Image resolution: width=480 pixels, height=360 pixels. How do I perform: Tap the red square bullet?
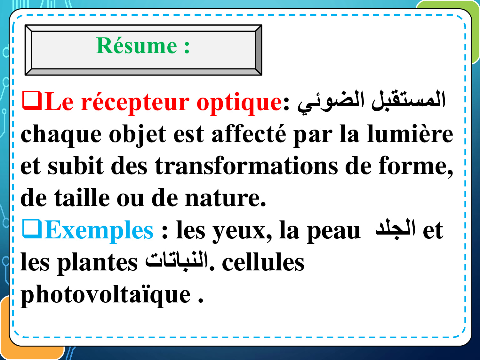click(x=32, y=100)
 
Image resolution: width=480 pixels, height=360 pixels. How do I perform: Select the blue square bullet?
click(x=32, y=229)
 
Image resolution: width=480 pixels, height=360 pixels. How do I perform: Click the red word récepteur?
click(x=135, y=103)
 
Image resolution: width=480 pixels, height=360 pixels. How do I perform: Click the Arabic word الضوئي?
click(x=331, y=102)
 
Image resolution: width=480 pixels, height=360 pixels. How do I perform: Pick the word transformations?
click(x=246, y=165)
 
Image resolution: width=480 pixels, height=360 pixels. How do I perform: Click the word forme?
click(x=415, y=166)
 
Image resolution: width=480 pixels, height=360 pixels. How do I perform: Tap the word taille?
click(x=82, y=197)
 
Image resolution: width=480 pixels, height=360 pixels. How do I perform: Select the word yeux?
click(x=242, y=232)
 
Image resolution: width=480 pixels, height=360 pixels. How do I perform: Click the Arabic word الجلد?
click(x=396, y=229)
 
